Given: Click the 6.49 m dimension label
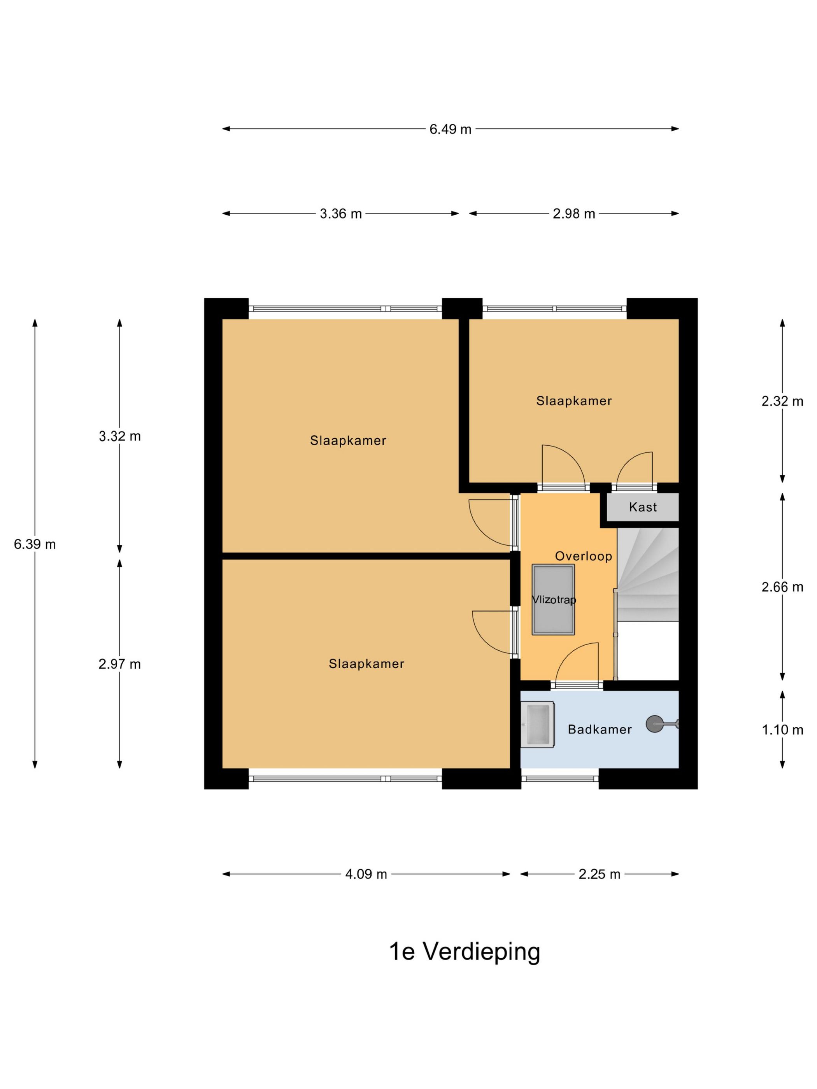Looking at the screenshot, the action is pos(450,129).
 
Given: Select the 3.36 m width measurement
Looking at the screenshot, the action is pos(340,214).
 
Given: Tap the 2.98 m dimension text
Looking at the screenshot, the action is pos(574,214).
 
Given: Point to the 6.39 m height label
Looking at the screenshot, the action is pos(35,544).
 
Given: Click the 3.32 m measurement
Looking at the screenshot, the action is pos(120,436).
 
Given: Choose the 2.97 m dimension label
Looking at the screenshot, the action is pos(120,664).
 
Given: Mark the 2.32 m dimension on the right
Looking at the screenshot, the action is pos(782,401).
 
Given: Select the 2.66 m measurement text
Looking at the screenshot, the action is pos(782,587).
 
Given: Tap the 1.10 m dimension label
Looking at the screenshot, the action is pos(782,730).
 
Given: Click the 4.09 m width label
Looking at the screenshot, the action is pos(366,874).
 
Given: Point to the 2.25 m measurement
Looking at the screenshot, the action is pos(599,874).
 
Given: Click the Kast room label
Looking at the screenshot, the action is pos(643,507).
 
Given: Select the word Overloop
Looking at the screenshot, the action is pos(584,556).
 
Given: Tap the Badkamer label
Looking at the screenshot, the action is pos(600,729).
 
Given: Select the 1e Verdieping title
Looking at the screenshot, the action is pos(465,952).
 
